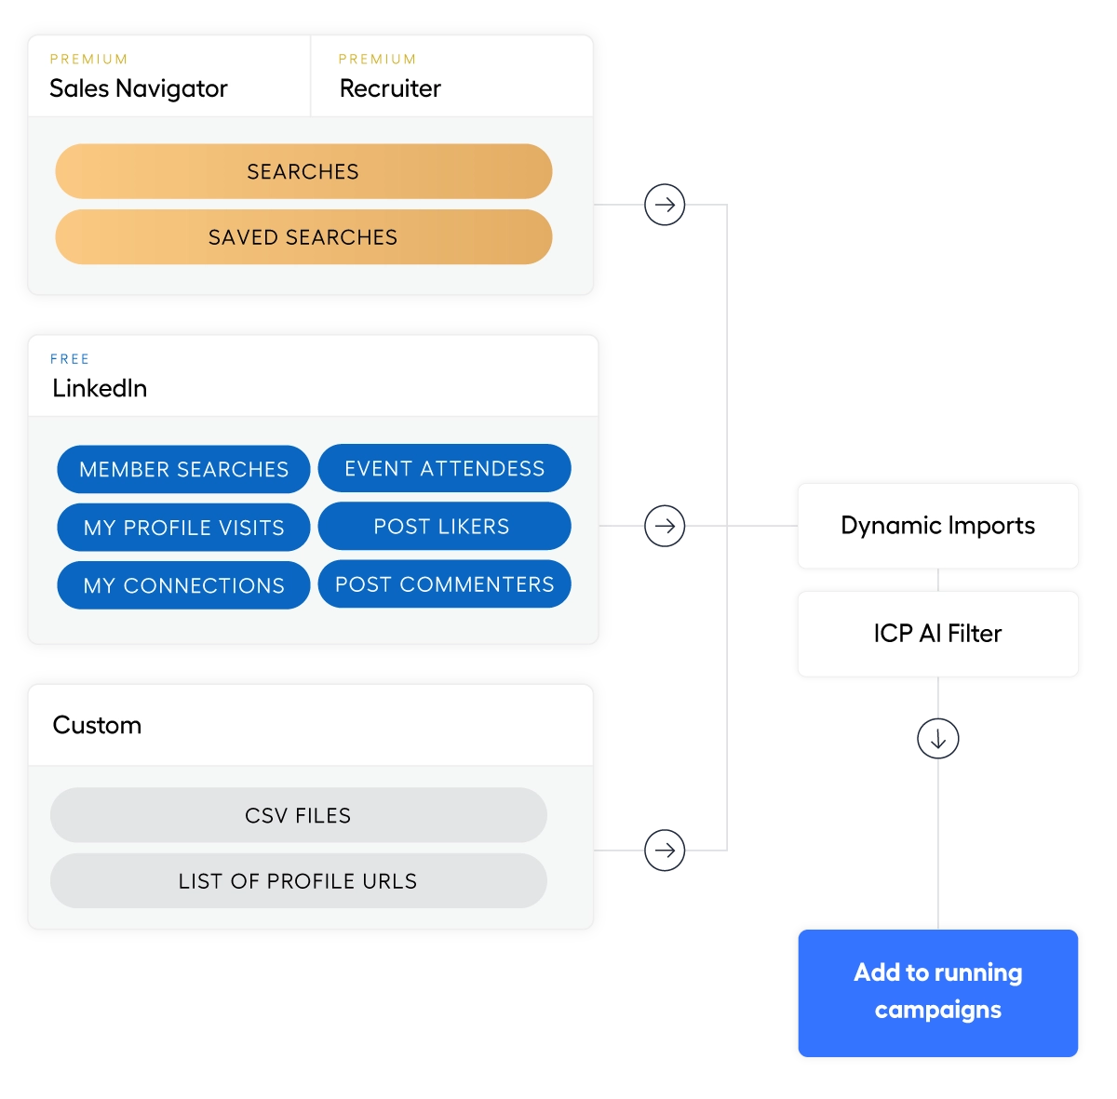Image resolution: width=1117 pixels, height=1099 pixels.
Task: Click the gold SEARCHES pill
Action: tap(303, 171)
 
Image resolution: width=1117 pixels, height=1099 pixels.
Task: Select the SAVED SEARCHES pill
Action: tap(303, 237)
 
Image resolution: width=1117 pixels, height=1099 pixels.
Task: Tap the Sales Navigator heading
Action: tap(139, 88)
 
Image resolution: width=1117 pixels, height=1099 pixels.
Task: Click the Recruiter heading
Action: tap(390, 88)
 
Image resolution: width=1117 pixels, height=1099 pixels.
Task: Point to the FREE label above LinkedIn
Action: tap(70, 359)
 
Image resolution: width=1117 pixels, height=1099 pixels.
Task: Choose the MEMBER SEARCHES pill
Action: tap(183, 469)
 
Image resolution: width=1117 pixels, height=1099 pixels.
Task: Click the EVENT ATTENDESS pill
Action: tap(444, 468)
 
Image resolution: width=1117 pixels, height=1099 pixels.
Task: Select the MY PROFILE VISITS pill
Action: tap(183, 528)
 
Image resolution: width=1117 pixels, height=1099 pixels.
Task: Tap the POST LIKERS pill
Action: tap(444, 527)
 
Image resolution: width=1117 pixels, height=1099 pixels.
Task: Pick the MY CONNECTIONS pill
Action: tap(183, 585)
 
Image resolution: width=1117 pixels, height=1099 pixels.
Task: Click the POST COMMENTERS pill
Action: tap(444, 584)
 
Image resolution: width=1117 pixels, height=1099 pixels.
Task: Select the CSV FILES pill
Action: tap(298, 815)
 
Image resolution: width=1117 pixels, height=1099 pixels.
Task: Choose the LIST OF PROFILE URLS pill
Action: tap(298, 881)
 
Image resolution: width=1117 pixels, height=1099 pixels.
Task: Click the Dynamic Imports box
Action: tap(937, 526)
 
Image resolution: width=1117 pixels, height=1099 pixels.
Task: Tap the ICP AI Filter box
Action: tap(937, 634)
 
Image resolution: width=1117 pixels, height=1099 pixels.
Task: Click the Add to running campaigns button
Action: tap(937, 992)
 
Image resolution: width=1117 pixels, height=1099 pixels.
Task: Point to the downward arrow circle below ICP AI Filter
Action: tap(937, 739)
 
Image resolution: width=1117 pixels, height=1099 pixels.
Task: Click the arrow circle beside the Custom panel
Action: tap(665, 851)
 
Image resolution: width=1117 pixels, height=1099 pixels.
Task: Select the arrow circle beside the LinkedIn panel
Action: tap(665, 526)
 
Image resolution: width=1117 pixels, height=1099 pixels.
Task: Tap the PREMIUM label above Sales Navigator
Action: tap(88, 60)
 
